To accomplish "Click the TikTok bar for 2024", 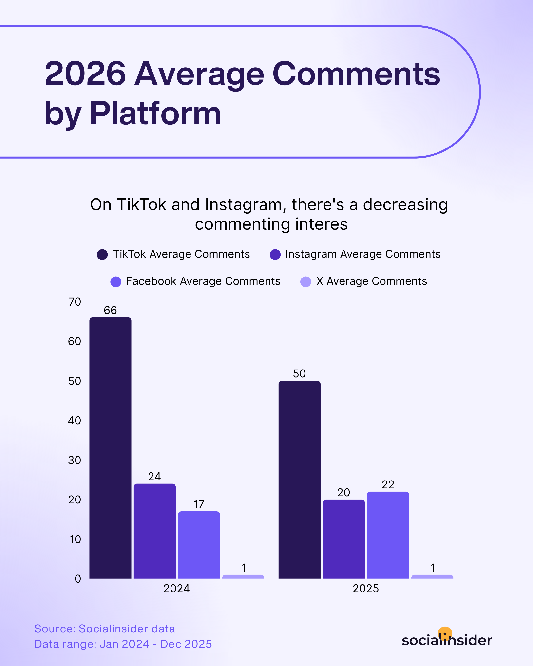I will (110, 448).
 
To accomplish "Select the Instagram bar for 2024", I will (154, 531).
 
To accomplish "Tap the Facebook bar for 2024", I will (199, 545).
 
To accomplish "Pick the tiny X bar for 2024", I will (243, 577).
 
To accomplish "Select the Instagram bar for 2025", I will (343, 539).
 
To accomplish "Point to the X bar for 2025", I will (432, 577).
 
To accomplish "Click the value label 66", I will (110, 310).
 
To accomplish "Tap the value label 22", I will (388, 485).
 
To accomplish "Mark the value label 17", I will (199, 504).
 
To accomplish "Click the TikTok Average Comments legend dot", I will (102, 255).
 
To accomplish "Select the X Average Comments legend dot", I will (305, 282).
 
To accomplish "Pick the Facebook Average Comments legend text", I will (203, 281).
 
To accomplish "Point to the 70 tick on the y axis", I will (75, 302).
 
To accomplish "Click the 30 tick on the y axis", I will (75, 460).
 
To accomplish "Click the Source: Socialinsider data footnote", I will (104, 629).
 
